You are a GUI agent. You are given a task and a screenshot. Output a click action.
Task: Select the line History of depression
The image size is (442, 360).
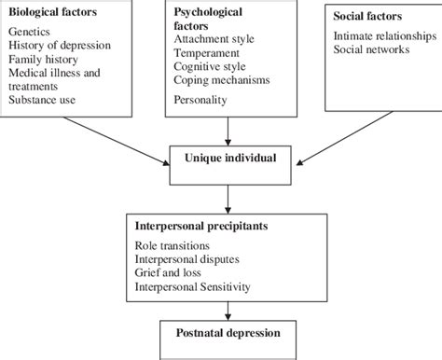(60, 46)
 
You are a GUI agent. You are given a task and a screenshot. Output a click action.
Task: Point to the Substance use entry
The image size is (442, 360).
(43, 99)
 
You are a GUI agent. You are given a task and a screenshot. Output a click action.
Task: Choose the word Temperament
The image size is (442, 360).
(210, 55)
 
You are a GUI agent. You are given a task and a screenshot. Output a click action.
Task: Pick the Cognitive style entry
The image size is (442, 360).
(212, 68)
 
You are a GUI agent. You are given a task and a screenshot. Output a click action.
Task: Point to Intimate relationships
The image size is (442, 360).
(383, 35)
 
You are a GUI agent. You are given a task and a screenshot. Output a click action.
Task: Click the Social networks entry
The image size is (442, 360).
(370, 48)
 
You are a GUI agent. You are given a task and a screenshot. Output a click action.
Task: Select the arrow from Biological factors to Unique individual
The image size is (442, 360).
(119, 136)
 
